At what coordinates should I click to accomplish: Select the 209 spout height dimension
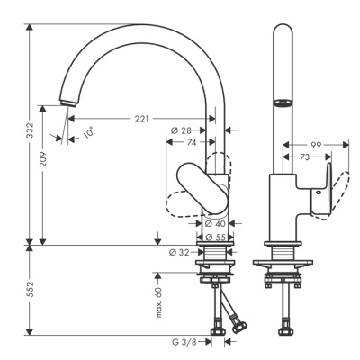click(x=44, y=158)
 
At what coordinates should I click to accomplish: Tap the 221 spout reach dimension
click(x=141, y=119)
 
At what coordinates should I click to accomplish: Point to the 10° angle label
click(x=88, y=132)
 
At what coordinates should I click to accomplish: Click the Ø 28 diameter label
click(x=181, y=130)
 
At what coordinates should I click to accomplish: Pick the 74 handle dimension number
click(x=192, y=142)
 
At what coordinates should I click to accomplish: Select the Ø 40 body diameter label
click(x=215, y=223)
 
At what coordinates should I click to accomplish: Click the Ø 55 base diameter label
click(x=215, y=238)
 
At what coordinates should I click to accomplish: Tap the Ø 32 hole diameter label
click(x=179, y=253)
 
